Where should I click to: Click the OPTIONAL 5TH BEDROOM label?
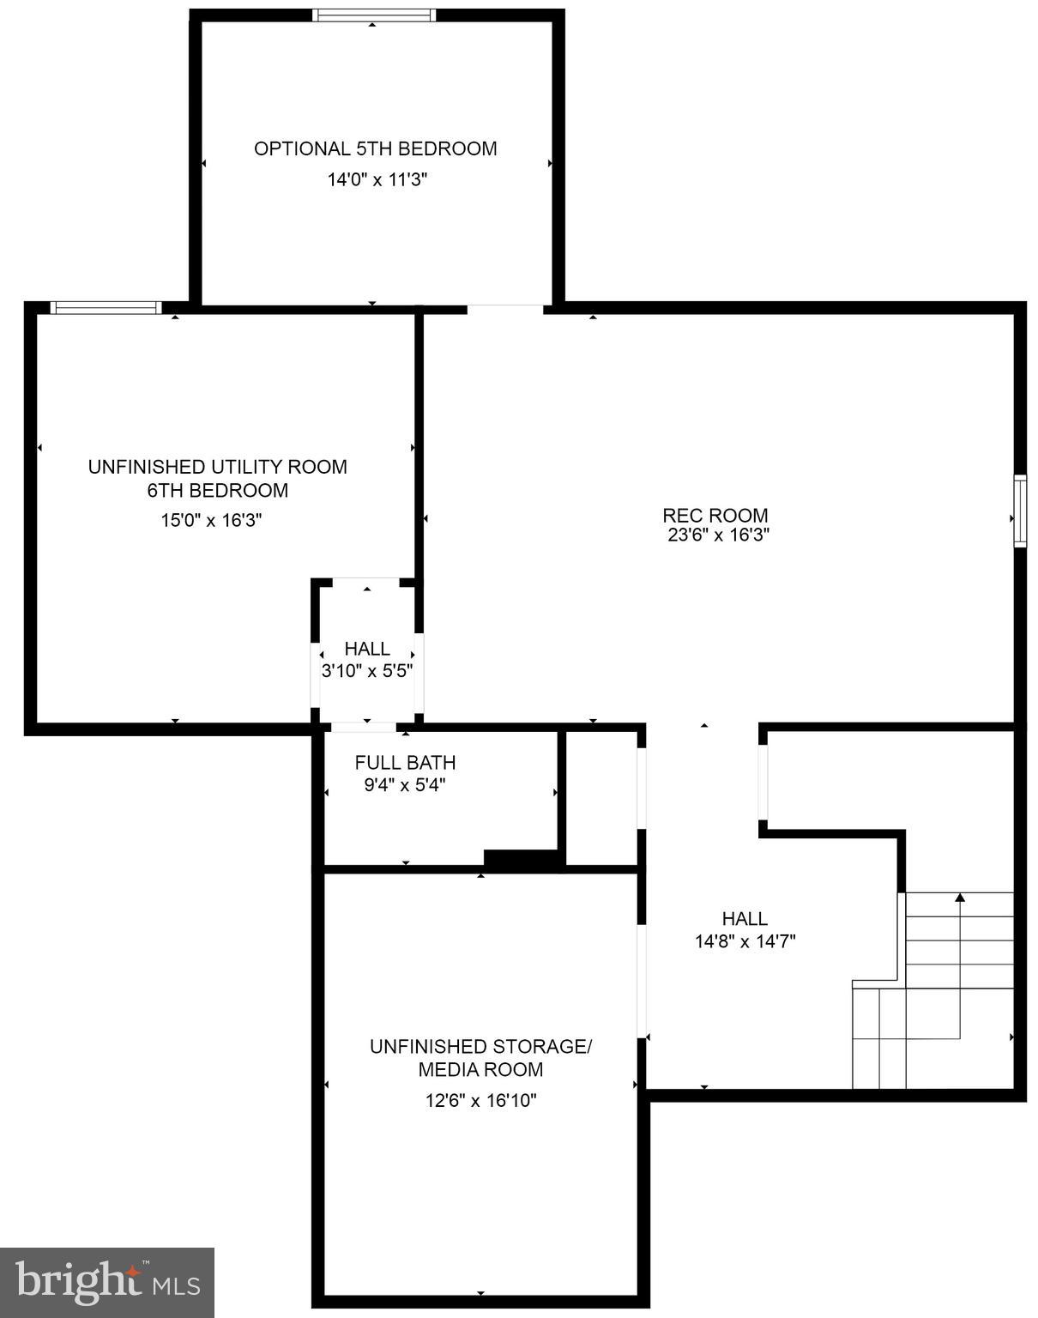click(375, 148)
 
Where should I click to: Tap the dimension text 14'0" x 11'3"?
click(377, 179)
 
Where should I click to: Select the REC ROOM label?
click(715, 515)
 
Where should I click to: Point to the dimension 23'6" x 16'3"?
click(718, 535)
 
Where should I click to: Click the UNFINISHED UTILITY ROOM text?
click(217, 467)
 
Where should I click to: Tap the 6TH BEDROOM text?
click(217, 490)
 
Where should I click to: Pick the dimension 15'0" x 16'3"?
click(211, 520)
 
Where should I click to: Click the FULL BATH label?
click(405, 762)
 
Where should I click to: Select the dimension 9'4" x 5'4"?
click(405, 784)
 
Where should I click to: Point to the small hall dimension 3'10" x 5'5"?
click(367, 671)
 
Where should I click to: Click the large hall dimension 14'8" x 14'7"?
click(745, 941)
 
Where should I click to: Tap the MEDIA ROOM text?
click(480, 1069)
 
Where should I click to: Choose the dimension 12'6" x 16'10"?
click(480, 1100)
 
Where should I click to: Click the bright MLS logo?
click(107, 1283)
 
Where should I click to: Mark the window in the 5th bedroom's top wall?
click(373, 15)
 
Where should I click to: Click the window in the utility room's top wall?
click(106, 308)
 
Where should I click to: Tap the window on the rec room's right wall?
click(1020, 511)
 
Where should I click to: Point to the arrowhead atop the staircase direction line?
click(960, 898)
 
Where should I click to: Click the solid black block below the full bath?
click(522, 858)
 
